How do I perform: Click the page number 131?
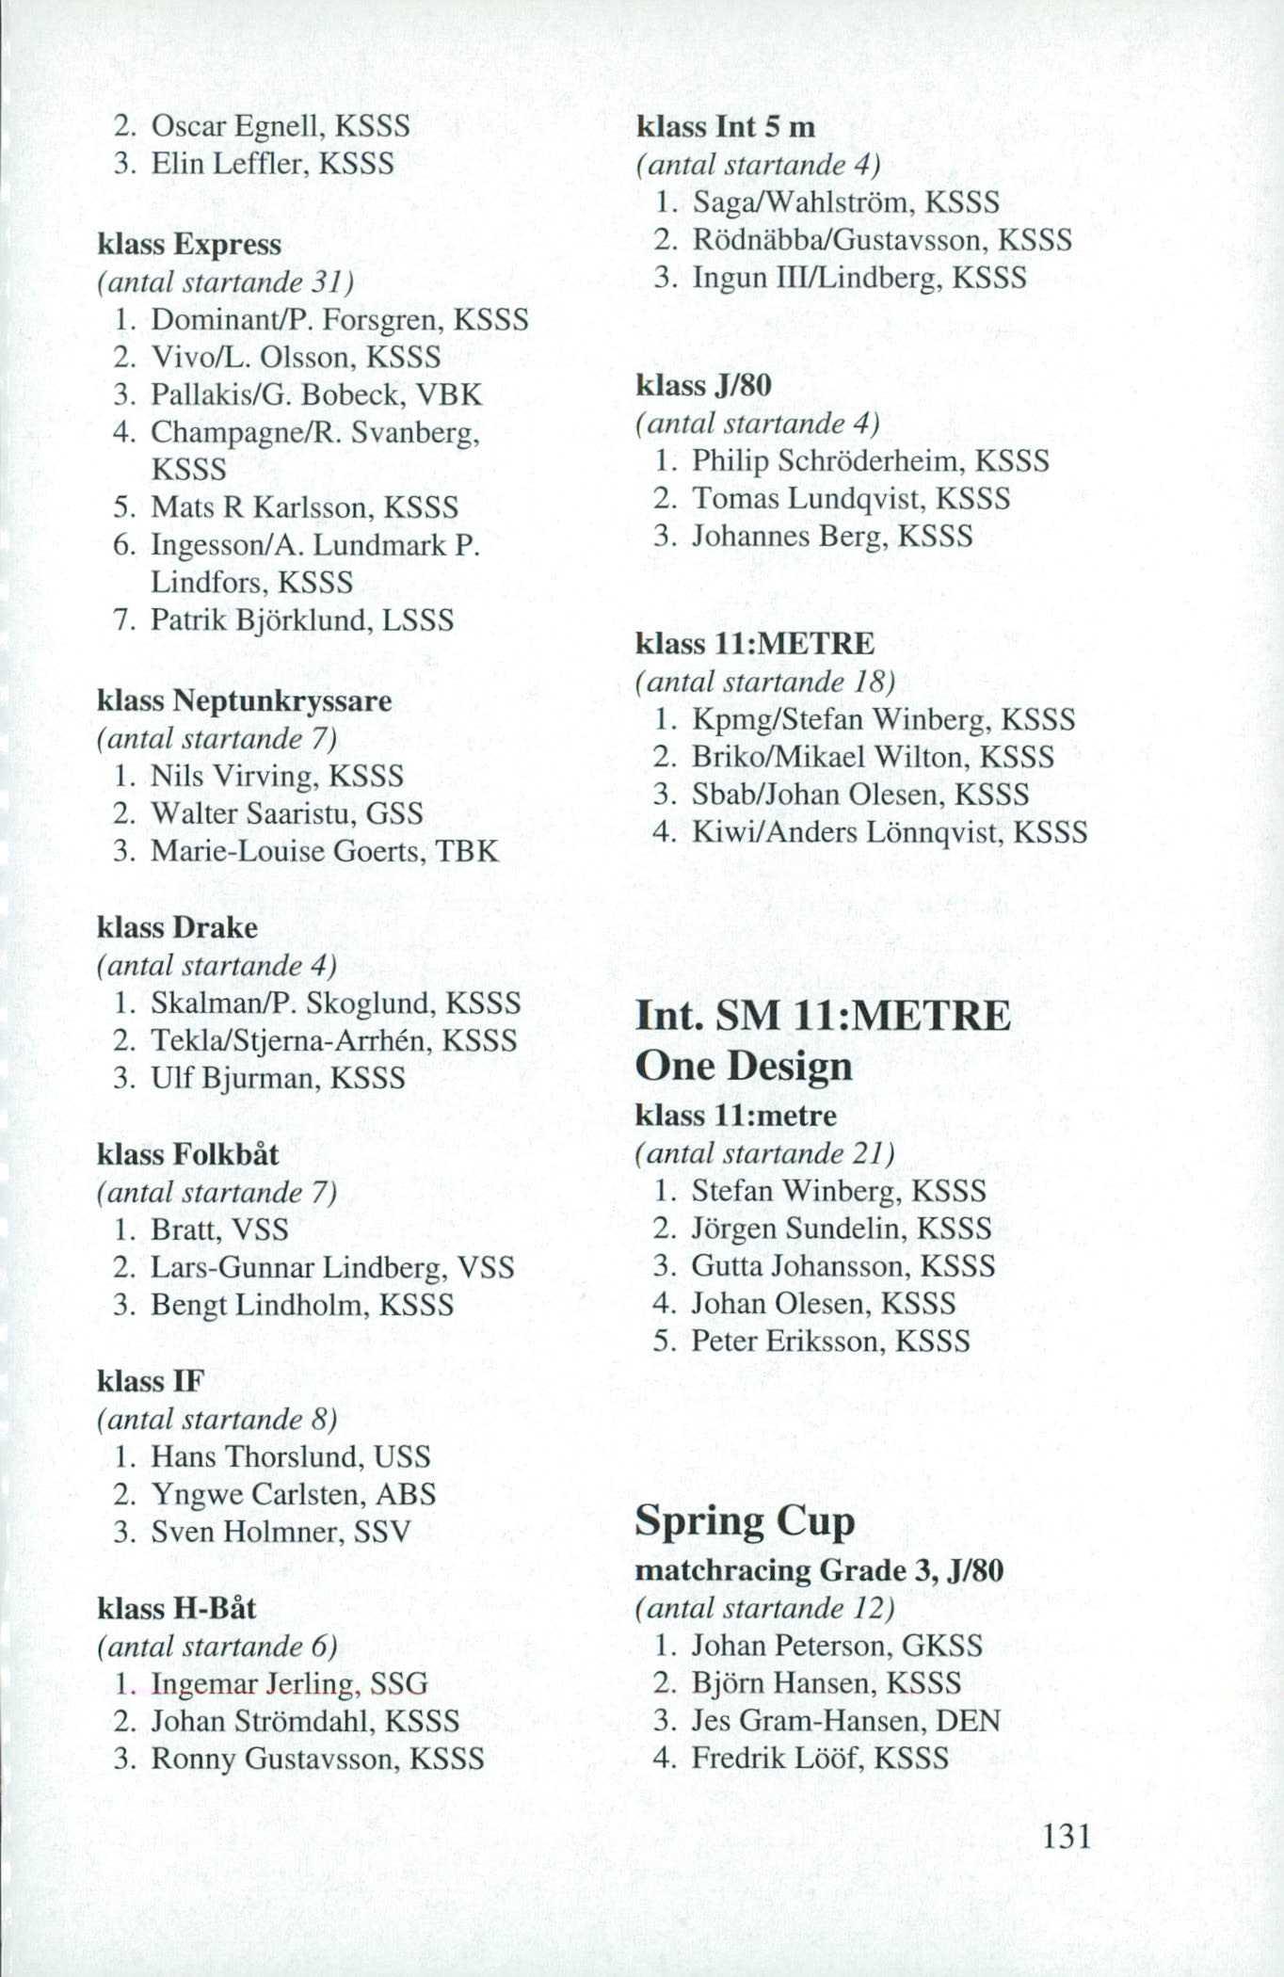pos(1066,1836)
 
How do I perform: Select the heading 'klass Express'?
pos(189,245)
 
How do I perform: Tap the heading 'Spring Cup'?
pos(745,1520)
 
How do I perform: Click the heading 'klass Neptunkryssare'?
pos(244,701)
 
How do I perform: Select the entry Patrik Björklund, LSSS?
pos(301,620)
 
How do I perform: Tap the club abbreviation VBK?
pos(453,394)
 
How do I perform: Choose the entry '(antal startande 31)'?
pos(226,282)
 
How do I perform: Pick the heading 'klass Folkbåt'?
pos(187,1154)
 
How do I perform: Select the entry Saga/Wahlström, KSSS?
pos(844,202)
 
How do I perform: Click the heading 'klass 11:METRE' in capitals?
pos(755,644)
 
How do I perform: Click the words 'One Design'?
pos(743,1067)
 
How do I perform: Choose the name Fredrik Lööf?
pos(777,1759)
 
